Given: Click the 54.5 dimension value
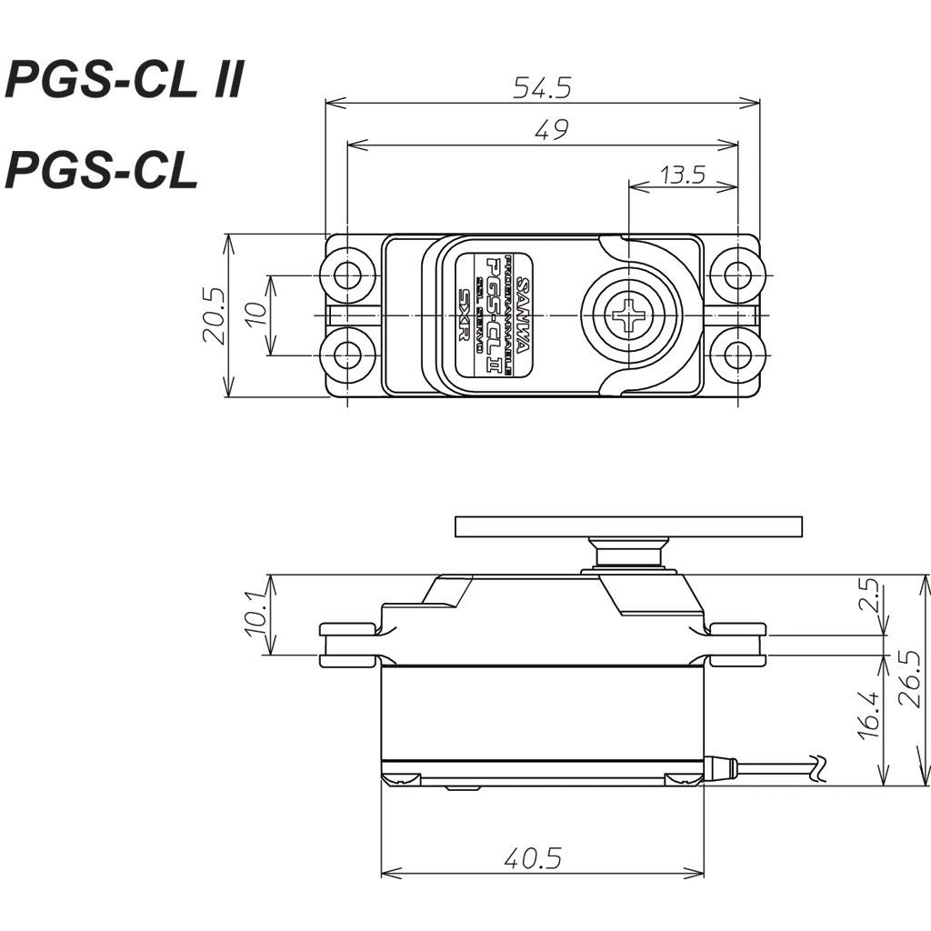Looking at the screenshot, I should pos(542,87).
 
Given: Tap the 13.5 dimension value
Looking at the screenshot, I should pos(683,175).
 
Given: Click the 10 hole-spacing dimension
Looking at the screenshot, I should pos(256,315).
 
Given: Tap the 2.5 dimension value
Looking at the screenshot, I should pos(871,596).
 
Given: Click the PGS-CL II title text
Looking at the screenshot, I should pos(125,80).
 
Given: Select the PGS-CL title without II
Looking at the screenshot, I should pos(101,170).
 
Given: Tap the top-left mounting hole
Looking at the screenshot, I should pos(347,275).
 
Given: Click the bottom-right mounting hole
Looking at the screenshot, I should pos(736,355).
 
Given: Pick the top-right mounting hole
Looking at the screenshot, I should pos(736,275).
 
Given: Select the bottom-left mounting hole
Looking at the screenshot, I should pos(347,355).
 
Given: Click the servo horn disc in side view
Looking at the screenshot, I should pos(628,526).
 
